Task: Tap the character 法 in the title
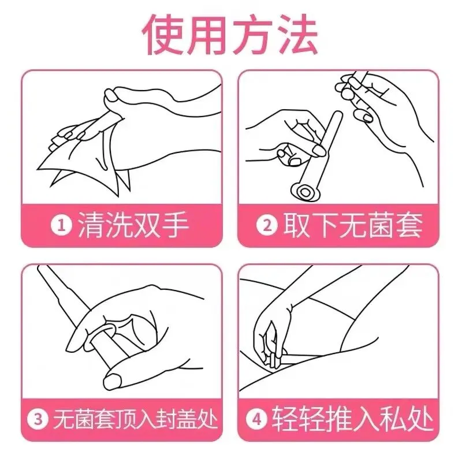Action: coord(296,34)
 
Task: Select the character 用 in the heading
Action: coord(207,34)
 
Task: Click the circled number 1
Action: coord(61,225)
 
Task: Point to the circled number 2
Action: coord(267,225)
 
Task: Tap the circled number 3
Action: coord(38,419)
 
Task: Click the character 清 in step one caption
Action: coord(91,225)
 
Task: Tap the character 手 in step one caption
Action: coord(174,225)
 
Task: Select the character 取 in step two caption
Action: coord(297,225)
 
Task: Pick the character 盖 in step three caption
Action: coord(185,419)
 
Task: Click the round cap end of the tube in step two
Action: coord(304,193)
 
